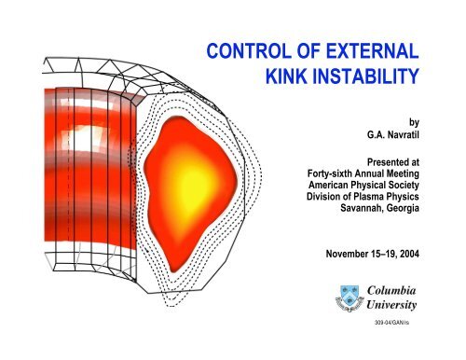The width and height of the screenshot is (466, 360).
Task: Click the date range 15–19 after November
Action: (395, 253)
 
